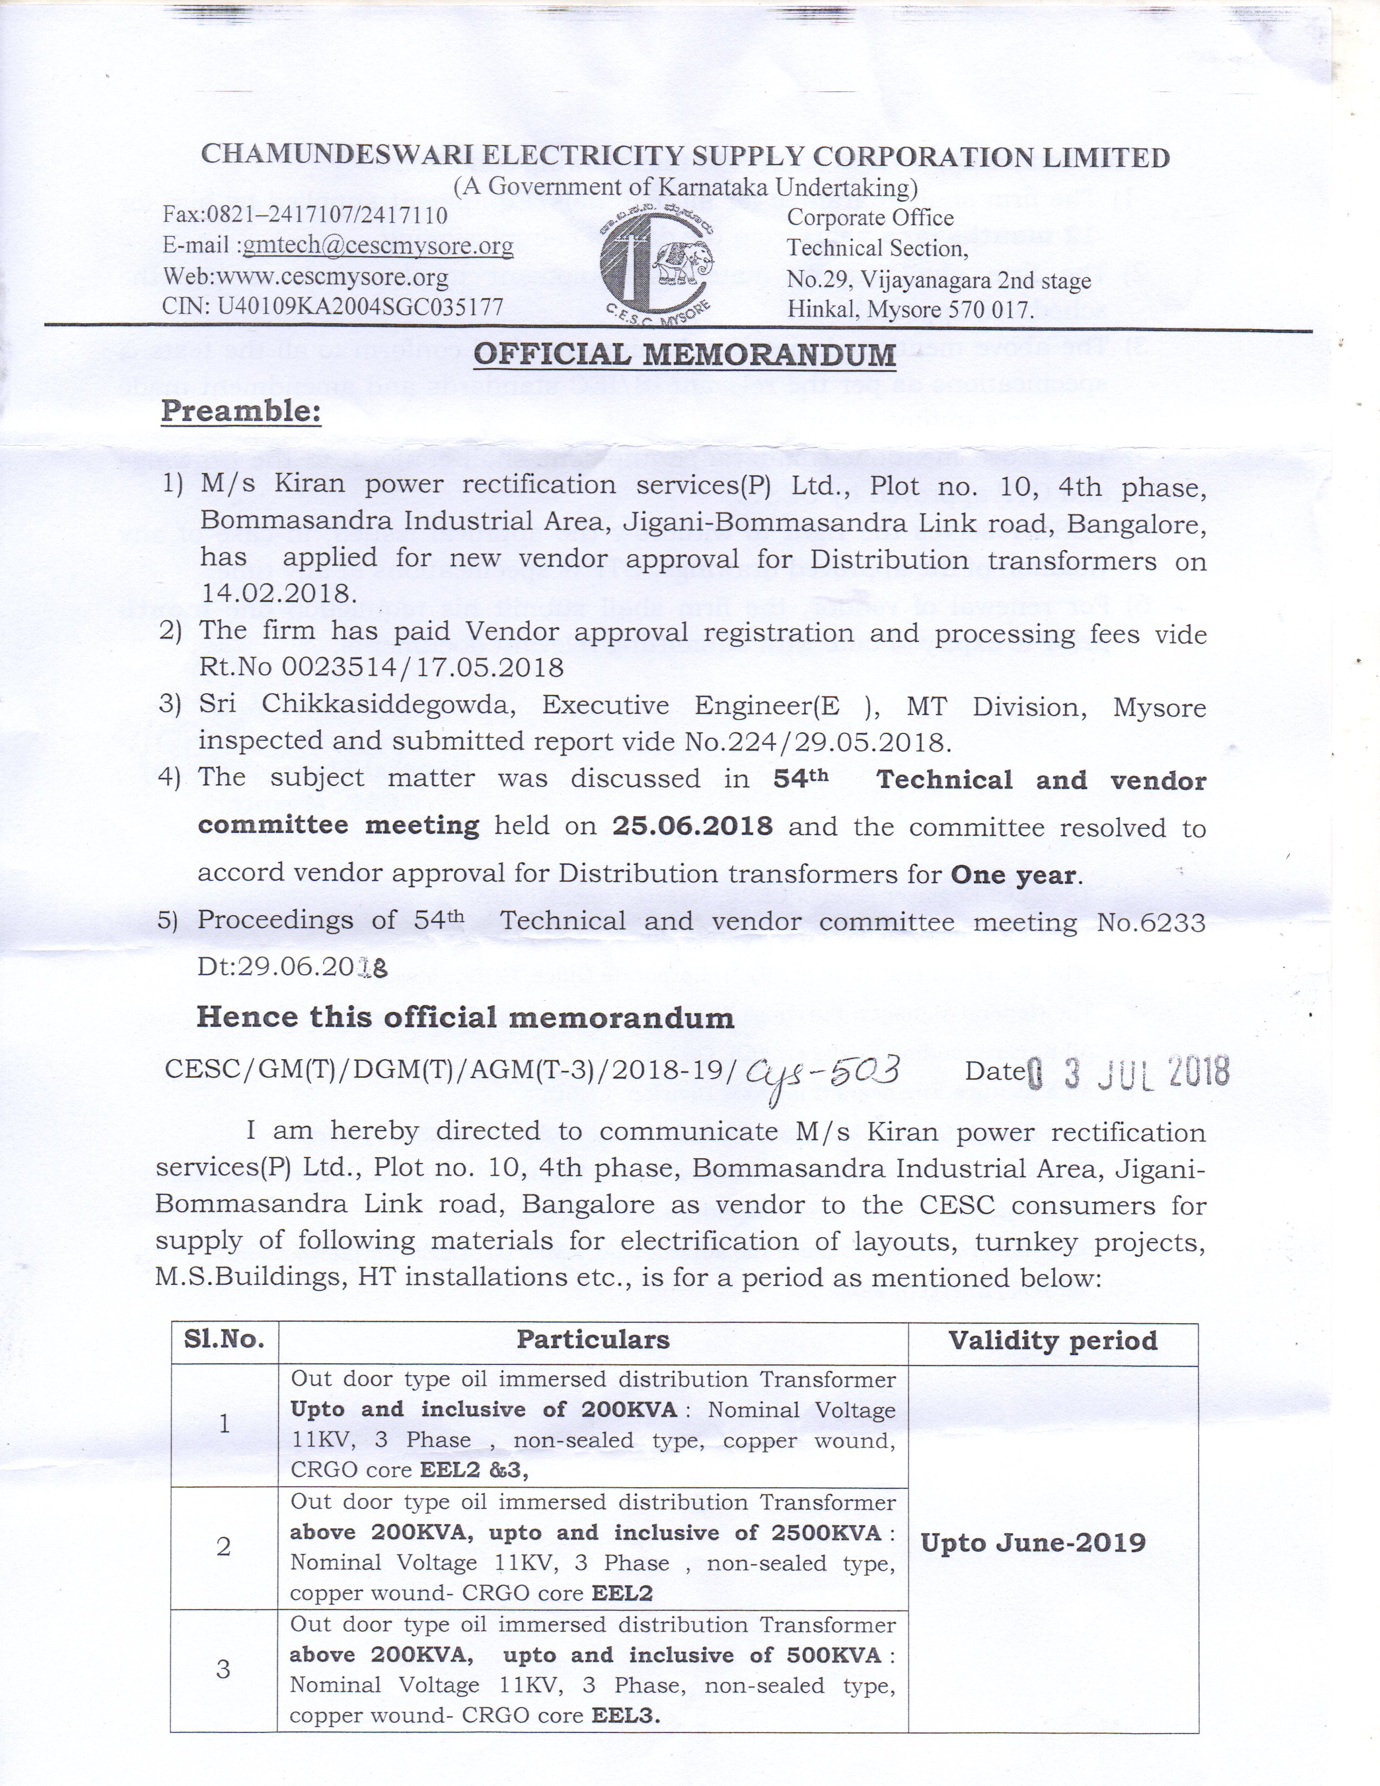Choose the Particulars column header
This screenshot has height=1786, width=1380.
(593, 1339)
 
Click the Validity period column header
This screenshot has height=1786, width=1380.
(1053, 1341)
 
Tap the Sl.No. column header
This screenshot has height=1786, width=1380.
(224, 1339)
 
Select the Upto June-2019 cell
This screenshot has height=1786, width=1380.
(1033, 1543)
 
